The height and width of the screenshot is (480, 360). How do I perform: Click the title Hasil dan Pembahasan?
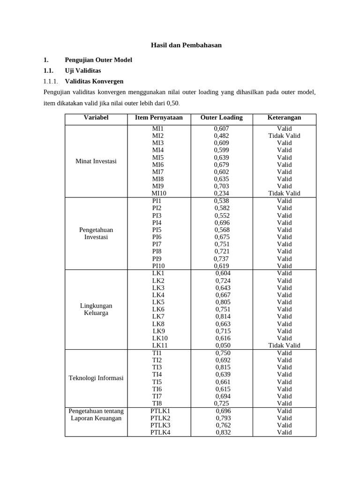pos(186,45)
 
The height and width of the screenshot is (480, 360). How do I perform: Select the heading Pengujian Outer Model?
pos(98,60)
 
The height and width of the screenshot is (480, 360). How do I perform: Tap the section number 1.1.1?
pos(52,82)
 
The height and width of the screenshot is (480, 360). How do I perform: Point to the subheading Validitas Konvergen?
pos(94,82)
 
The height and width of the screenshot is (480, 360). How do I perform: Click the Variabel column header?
pos(96,118)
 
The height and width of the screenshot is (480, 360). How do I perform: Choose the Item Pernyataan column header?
pos(159,118)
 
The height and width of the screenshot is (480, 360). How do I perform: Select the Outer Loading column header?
pos(221,118)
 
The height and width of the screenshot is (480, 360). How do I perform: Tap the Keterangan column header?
pos(284,118)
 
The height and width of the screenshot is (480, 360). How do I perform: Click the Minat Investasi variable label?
pos(96,161)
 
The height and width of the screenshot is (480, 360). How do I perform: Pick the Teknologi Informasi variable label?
pos(96,378)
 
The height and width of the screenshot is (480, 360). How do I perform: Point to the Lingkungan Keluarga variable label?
pos(96,309)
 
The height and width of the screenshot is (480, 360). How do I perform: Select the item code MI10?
pos(159,194)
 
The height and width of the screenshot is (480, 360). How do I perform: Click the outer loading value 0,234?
pos(222,194)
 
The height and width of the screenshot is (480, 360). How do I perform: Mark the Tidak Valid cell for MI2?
pos(284,136)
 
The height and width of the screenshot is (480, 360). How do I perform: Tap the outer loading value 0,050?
pos(223,345)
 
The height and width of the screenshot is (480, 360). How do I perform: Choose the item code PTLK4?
pos(160,433)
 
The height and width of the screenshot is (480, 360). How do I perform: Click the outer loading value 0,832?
pos(223,433)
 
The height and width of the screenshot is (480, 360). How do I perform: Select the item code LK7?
pos(158,317)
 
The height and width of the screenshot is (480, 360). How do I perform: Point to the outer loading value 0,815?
pos(223,367)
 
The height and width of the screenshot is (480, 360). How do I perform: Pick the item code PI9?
pos(157,259)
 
